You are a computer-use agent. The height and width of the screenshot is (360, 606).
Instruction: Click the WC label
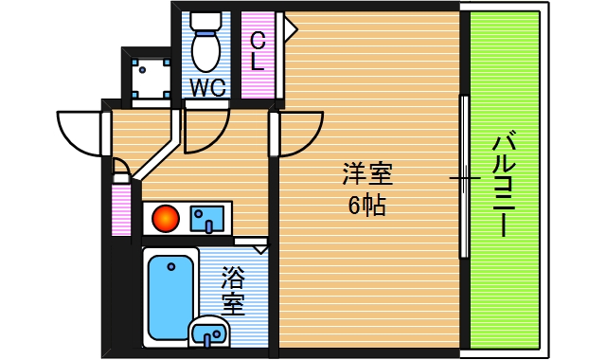click(206, 87)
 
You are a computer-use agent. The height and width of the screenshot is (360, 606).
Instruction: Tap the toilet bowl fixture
click(205, 47)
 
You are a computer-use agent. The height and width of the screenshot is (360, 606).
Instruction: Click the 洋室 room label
click(367, 174)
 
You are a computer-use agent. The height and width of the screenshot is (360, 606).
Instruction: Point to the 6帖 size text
click(366, 204)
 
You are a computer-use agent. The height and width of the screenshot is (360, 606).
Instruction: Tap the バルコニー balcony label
click(503, 186)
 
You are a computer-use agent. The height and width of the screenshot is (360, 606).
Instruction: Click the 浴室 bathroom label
click(233, 291)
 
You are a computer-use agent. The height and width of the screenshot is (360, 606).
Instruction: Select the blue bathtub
click(170, 295)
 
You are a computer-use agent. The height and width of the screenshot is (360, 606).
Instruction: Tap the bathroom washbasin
click(209, 333)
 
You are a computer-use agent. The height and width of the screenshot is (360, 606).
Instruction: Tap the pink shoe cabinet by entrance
click(120, 210)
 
